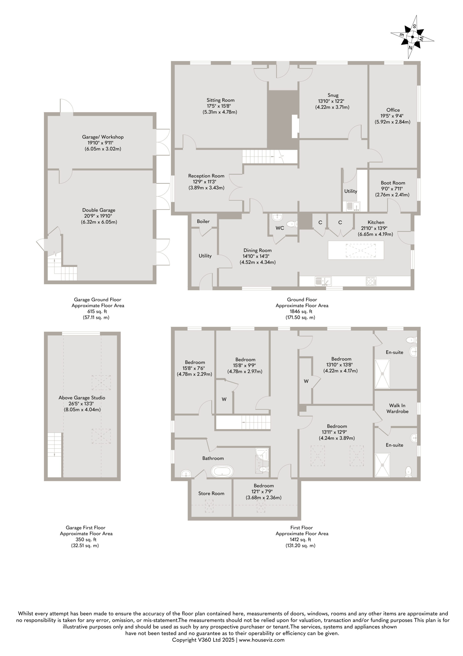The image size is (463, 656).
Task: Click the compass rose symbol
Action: pos(413,37)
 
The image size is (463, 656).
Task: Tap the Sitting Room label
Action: pos(221,100)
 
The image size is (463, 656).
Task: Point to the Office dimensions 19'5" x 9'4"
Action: pos(393,116)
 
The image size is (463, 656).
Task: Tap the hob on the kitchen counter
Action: pos(371,281)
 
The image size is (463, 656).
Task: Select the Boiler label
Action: pos(203,221)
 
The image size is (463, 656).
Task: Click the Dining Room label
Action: pos(257,250)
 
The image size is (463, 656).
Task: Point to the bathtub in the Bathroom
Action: pos(222,471)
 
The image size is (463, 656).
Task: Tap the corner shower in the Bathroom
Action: pos(262,455)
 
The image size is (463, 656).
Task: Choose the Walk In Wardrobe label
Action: pos(397,408)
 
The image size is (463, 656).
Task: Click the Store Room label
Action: pos(211,494)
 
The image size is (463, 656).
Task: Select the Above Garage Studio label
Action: pos(82,398)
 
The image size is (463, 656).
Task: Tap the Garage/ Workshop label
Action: pos(103,137)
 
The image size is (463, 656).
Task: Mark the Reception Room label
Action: pos(206,176)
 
